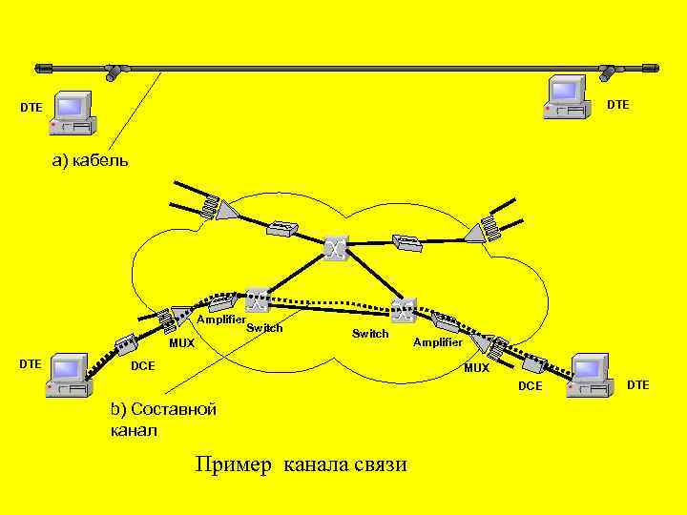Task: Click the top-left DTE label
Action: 31,108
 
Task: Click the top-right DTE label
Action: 618,104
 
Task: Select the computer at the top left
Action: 73,113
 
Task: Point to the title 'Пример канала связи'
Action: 301,464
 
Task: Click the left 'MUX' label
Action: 181,343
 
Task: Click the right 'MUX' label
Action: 476,368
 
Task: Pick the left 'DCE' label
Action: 142,366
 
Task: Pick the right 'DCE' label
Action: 530,385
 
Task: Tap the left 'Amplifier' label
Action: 221,319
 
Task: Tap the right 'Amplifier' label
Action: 438,341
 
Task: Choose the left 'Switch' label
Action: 264,328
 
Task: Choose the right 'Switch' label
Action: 370,334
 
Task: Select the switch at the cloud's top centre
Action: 335,249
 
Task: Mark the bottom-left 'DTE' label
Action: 31,363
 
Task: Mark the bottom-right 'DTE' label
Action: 637,384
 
